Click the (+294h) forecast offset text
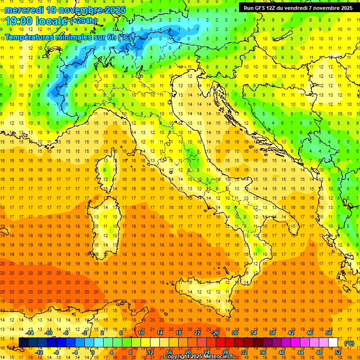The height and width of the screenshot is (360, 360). (83, 21)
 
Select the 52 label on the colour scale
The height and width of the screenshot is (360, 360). (338, 352)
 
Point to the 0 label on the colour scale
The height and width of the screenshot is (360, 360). (93, 352)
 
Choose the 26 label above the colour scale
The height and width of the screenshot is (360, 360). (215, 333)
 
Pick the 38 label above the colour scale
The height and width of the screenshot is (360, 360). (272, 333)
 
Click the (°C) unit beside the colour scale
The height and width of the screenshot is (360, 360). (349, 343)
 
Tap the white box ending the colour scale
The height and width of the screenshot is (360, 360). (333, 342)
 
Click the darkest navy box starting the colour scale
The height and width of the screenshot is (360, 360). (23, 342)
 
